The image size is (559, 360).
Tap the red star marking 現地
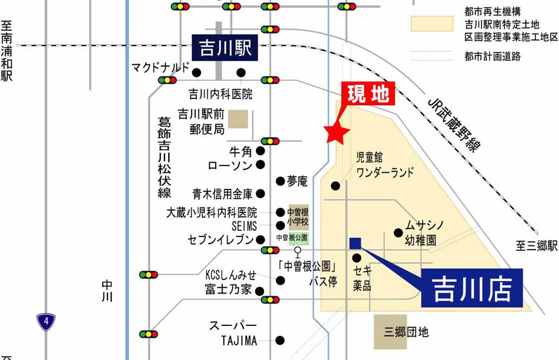pos(337,132)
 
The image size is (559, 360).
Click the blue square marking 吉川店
pos(355,243)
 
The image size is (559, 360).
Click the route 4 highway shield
pos(46,322)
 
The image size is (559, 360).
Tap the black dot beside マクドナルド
pos(196,72)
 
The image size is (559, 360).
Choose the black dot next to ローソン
pos(260,165)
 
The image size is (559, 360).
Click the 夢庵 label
pos(297,181)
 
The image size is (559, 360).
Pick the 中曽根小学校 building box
pos(298,216)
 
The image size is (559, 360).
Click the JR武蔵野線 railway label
pos(453,124)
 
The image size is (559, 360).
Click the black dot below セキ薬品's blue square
pos(357,258)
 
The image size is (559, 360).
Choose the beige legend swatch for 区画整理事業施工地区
pos(432,24)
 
